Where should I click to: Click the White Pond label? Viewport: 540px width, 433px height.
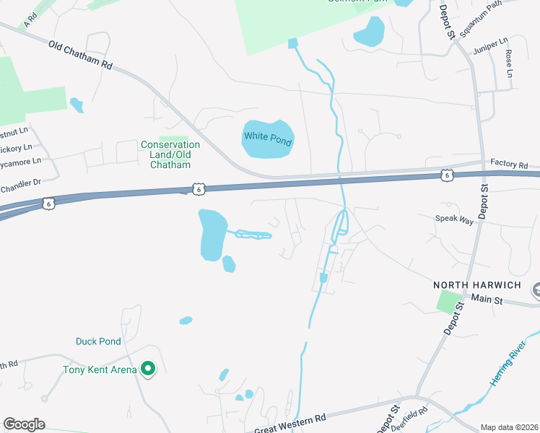(267, 139)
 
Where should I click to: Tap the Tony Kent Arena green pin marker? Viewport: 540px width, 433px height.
(149, 369)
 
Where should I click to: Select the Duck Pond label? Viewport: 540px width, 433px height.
(98, 341)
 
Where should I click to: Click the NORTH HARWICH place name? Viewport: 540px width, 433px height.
(477, 285)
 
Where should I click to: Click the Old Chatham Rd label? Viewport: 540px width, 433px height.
(81, 55)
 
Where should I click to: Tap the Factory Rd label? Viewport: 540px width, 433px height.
(509, 165)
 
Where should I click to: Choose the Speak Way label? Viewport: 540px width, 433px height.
(454, 219)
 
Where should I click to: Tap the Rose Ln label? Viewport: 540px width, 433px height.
(509, 64)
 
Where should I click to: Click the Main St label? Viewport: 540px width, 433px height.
(487, 298)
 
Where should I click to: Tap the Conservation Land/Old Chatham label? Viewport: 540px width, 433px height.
(170, 154)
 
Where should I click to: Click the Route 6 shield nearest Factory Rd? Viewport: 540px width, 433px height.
(447, 175)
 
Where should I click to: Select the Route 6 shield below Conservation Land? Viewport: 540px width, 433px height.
(199, 188)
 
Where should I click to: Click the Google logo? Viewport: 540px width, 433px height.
(24, 424)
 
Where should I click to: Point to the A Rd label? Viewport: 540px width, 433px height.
(30, 19)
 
